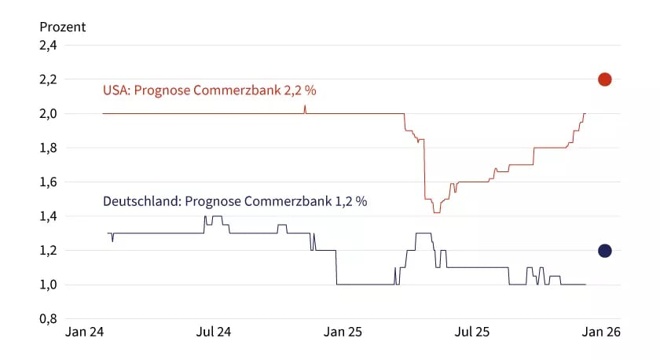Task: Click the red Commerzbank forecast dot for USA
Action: tap(604, 79)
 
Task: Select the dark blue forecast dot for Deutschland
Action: tap(604, 251)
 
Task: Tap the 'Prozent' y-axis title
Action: tap(63, 27)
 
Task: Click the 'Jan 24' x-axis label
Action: tap(85, 332)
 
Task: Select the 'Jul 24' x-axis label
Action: tap(214, 332)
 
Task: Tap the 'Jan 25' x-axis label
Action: tap(343, 332)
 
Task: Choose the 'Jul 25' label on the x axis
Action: tap(471, 332)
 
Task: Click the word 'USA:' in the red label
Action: tap(116, 90)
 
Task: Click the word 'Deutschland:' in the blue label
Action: tap(141, 201)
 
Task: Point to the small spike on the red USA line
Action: tap(305, 108)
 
